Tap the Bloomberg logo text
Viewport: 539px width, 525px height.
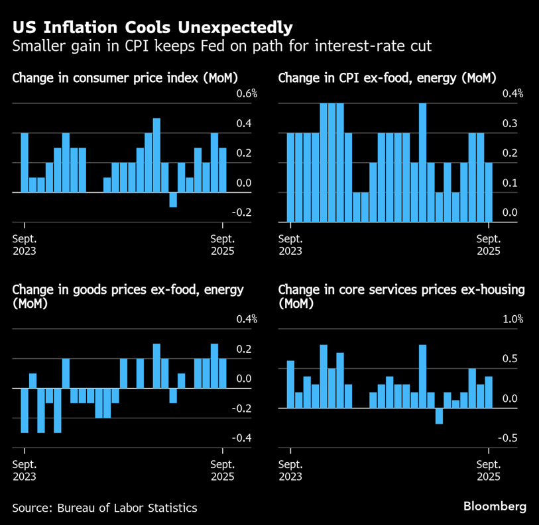(x=494, y=506)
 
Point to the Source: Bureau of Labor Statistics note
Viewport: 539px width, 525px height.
(x=105, y=508)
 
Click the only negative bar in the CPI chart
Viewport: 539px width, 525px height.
(x=173, y=200)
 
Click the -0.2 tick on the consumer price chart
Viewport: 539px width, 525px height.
(x=243, y=213)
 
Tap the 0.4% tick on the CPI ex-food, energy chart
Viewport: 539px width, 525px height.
(x=512, y=93)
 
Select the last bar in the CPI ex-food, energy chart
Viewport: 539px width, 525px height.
(x=489, y=192)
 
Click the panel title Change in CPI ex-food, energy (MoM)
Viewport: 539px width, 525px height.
(x=387, y=78)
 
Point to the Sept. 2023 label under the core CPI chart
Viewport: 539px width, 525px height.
(x=290, y=244)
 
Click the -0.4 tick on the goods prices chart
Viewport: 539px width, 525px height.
(x=243, y=438)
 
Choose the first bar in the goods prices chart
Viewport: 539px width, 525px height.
(x=25, y=410)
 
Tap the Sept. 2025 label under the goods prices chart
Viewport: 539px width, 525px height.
(x=223, y=469)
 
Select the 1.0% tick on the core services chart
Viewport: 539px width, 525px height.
(x=512, y=319)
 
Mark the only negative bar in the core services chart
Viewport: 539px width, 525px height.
(x=439, y=416)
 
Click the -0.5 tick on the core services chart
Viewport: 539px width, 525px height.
(x=508, y=438)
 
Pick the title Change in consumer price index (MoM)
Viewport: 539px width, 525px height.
(x=125, y=78)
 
